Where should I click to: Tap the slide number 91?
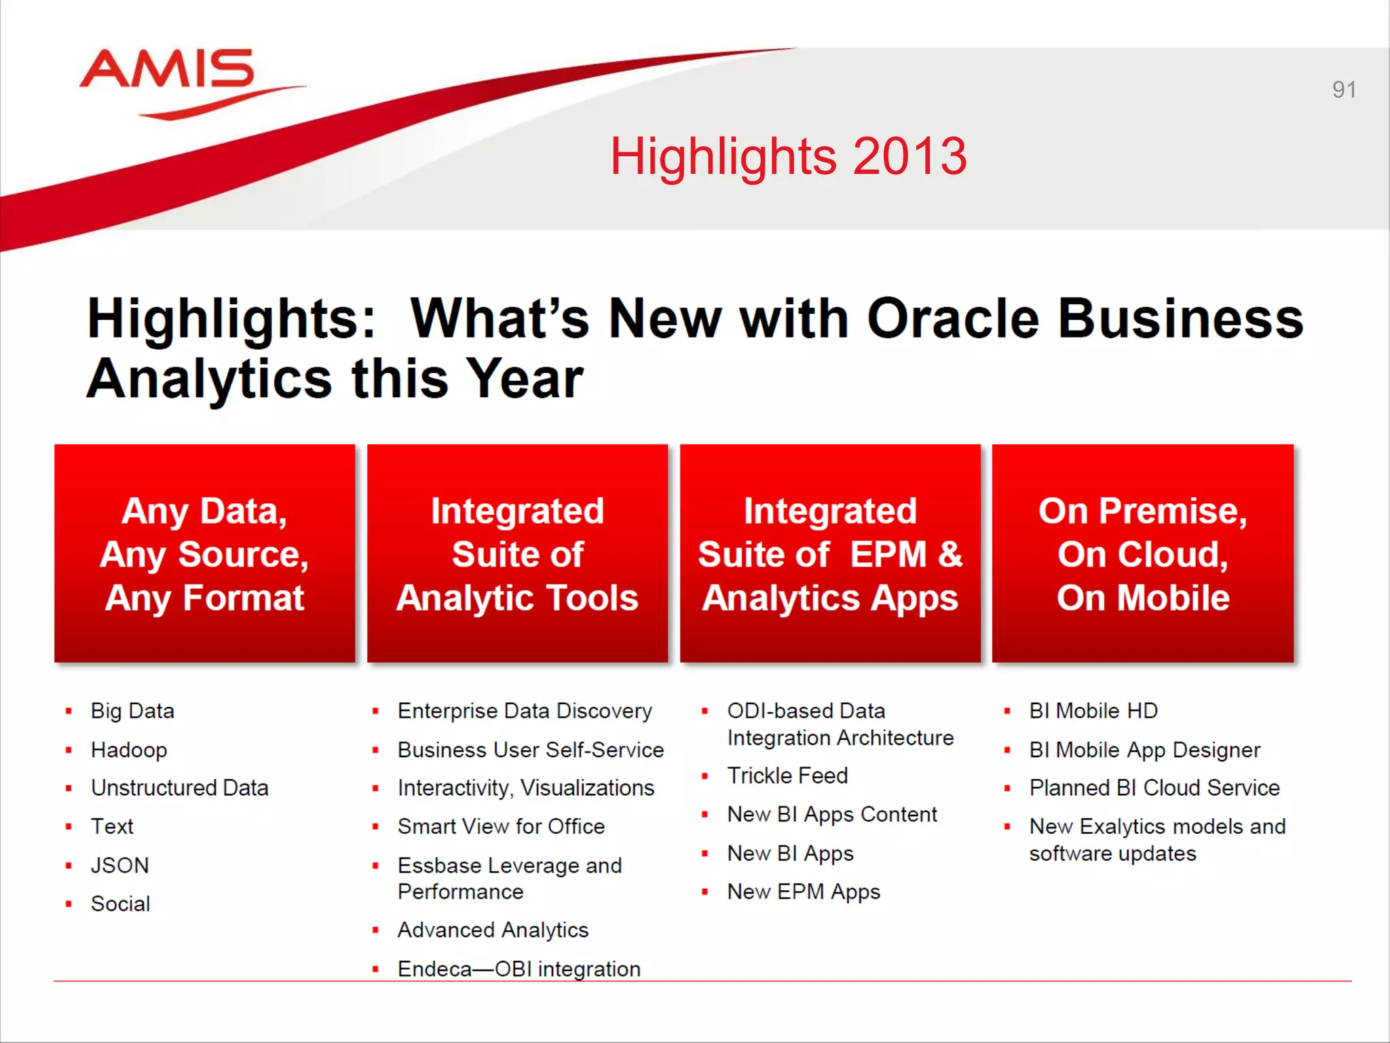[1343, 90]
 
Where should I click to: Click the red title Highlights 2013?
[788, 156]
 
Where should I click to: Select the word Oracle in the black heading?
[953, 318]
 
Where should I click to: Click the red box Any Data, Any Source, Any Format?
[204, 553]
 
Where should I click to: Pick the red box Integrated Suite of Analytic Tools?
[517, 553]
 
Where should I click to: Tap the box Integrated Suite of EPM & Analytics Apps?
[830, 553]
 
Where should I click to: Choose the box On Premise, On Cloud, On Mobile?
[1143, 553]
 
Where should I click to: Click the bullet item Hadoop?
[129, 750]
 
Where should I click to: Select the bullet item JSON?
[119, 865]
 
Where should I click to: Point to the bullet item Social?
[120, 904]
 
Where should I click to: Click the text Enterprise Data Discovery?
[524, 711]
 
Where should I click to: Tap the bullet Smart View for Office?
[501, 826]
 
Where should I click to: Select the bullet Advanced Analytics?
[493, 930]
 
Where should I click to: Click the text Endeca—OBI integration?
[519, 968]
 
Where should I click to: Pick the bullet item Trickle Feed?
[787, 775]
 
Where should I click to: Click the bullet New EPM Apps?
[804, 892]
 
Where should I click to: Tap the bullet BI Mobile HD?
[1093, 711]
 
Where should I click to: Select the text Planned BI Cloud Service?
[1154, 788]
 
